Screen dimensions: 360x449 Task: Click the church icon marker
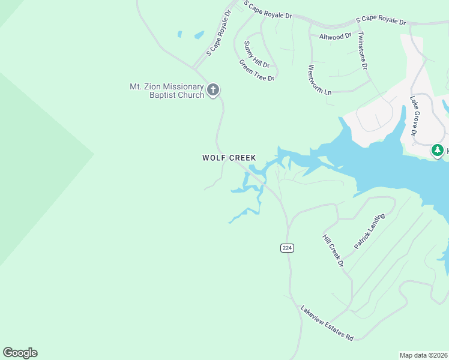[212, 91]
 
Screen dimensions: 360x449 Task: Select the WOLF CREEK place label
[229, 158]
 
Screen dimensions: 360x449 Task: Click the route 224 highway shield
[287, 248]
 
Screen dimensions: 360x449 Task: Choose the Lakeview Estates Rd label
[327, 323]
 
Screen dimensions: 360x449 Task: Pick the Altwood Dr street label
[335, 37]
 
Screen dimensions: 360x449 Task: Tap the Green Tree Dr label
[256, 70]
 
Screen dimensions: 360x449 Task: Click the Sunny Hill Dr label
[256, 53]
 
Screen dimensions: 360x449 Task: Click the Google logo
[20, 353]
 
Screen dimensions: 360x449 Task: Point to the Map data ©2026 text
[423, 355]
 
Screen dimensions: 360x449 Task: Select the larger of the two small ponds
[198, 35]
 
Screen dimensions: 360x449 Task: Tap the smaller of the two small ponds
[179, 34]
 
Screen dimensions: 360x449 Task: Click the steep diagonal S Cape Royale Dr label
[218, 33]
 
